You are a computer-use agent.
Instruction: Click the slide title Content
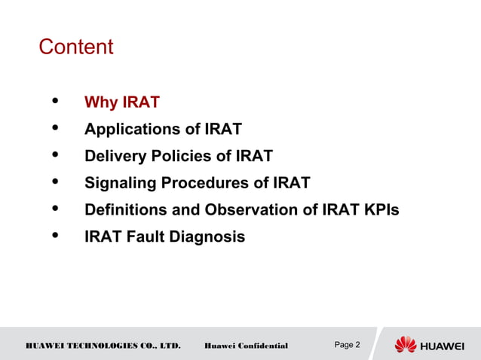click(75, 47)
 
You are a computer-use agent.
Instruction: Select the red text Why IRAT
click(121, 102)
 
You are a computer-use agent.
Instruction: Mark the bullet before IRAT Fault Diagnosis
click(56, 236)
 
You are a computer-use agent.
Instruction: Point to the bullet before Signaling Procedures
click(56, 182)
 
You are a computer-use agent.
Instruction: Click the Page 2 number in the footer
click(347, 345)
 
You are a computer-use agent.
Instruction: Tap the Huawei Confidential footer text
click(246, 346)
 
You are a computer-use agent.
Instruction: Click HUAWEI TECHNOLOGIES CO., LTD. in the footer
click(103, 346)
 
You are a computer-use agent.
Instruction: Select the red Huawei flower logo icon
click(406, 344)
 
